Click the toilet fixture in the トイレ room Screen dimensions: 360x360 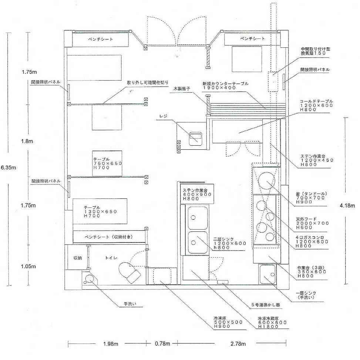coord(129,272)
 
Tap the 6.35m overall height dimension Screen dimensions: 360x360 coord(8,167)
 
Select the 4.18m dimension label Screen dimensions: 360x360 coord(347,206)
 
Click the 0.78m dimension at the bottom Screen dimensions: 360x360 coord(162,343)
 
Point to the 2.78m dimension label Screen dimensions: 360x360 coord(238,343)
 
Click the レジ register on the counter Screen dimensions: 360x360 coord(195,139)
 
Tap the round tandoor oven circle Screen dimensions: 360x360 coord(266,181)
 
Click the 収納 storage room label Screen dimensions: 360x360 coord(77,258)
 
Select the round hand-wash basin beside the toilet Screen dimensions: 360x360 coord(89,279)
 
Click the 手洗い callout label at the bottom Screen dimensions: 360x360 coord(130,304)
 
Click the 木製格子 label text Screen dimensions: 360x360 coord(182,88)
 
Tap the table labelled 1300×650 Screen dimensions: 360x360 coord(100,211)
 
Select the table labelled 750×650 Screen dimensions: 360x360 coord(107,163)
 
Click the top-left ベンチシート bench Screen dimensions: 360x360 coord(101,40)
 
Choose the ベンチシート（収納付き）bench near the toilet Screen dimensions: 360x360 coord(109,237)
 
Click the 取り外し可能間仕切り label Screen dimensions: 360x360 coord(148,82)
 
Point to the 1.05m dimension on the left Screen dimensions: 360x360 coord(28,266)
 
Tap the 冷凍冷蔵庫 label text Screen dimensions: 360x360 coord(268,319)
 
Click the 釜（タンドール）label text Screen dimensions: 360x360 coord(311,194)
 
